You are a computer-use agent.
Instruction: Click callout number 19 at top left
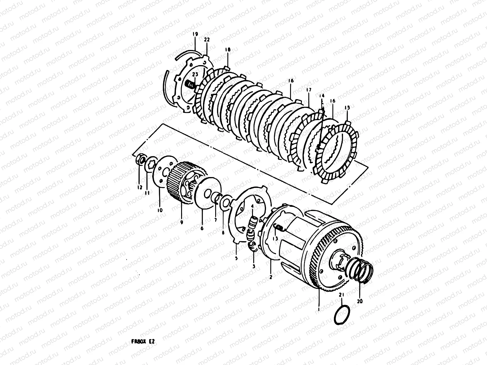click(x=195, y=34)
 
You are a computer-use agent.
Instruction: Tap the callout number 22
click(x=207, y=40)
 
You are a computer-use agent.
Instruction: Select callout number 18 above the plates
click(x=228, y=50)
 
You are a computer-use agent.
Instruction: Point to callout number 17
click(x=309, y=90)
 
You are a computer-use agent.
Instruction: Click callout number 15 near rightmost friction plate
click(x=347, y=108)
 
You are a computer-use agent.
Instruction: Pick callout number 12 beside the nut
click(x=139, y=188)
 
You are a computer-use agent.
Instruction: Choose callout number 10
click(x=160, y=210)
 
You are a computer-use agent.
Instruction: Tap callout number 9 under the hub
click(x=181, y=222)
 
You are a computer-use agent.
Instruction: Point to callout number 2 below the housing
click(x=271, y=277)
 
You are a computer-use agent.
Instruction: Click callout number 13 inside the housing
click(x=275, y=239)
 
